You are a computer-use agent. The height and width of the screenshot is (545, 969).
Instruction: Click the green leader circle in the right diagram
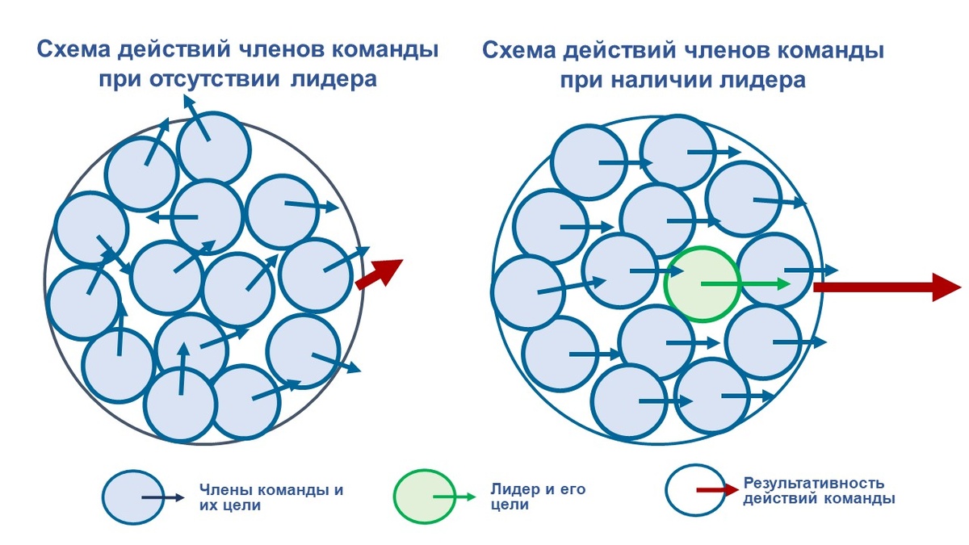point(701,284)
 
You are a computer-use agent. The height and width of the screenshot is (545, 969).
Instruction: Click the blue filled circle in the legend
point(134,497)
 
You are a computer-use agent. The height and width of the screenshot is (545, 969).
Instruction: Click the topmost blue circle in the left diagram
point(213,148)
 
